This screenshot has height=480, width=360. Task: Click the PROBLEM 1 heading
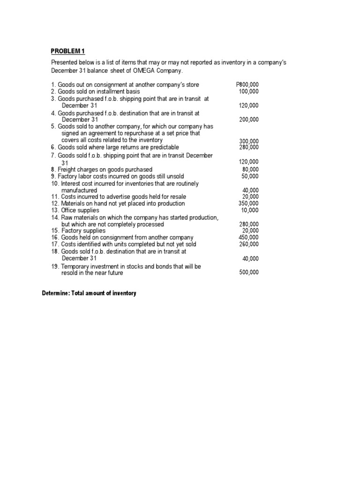[68, 51]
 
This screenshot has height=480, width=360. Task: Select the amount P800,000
[247, 84]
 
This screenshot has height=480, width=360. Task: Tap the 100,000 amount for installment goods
[248, 91]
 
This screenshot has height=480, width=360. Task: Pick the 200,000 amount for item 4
[248, 120]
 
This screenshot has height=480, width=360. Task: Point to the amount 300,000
[248, 141]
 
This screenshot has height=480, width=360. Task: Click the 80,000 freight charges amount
[250, 169]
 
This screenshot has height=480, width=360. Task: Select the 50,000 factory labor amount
[250, 176]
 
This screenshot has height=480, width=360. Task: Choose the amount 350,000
[248, 203]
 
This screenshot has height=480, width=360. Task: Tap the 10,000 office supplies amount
[250, 210]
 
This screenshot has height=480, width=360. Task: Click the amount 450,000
[248, 237]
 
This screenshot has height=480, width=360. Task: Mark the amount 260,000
[248, 244]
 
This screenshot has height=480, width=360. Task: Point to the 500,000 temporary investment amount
[248, 272]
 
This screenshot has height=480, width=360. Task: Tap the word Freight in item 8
[67, 169]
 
